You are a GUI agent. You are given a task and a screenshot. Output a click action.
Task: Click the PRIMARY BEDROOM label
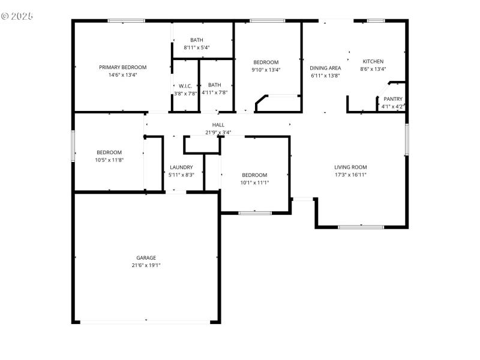(122, 67)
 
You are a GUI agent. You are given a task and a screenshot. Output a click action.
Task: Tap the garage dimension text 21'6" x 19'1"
(146, 265)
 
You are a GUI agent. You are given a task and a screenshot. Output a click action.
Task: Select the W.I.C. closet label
(185, 85)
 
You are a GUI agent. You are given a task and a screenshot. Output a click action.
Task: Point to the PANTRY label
(393, 99)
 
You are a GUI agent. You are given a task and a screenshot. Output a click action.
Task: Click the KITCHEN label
(373, 61)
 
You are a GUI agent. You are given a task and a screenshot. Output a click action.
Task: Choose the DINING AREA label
(325, 68)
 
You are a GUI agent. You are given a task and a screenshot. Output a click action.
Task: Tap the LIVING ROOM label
(350, 167)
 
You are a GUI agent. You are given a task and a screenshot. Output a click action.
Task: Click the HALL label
(218, 125)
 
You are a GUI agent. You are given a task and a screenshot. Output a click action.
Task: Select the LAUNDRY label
(181, 167)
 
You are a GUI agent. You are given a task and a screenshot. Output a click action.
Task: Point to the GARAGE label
(146, 258)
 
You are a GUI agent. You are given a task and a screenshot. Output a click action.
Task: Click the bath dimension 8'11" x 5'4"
(197, 47)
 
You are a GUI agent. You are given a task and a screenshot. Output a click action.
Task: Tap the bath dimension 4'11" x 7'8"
(214, 92)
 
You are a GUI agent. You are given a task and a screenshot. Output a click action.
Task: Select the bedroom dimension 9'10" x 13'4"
(265, 70)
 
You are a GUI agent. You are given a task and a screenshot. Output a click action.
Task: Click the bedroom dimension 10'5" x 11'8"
(109, 160)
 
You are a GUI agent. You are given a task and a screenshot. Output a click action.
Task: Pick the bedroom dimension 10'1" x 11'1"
(254, 182)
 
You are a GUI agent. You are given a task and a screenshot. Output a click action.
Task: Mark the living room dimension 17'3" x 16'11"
(350, 175)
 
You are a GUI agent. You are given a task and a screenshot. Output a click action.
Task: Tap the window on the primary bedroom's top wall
(126, 21)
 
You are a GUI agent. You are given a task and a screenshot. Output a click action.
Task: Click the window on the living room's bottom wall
(361, 227)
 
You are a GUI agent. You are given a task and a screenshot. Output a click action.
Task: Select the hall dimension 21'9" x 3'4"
(218, 132)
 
